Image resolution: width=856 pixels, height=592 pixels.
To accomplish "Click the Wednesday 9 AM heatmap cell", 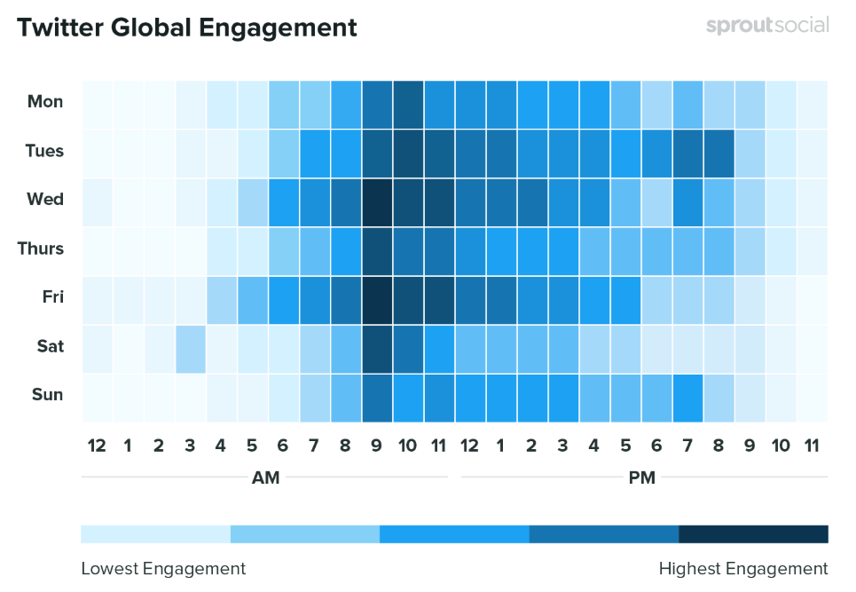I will click(x=377, y=200).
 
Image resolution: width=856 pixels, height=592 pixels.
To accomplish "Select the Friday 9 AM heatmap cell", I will click(x=377, y=297).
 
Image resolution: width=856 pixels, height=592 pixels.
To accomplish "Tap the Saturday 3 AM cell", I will click(x=191, y=346).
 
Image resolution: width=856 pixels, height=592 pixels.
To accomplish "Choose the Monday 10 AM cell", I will click(x=408, y=102).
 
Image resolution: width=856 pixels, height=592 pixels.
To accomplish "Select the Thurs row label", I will click(x=41, y=249).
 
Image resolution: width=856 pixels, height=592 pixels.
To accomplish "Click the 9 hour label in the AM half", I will click(x=377, y=446).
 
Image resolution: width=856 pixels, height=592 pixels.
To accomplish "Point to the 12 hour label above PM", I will click(x=470, y=446).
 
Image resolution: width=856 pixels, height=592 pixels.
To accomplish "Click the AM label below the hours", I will click(x=265, y=478).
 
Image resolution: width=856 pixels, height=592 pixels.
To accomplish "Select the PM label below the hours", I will click(x=641, y=478).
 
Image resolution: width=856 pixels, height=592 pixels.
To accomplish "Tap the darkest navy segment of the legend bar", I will click(x=753, y=533).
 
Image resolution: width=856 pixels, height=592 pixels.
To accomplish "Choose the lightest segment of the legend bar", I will click(x=155, y=533).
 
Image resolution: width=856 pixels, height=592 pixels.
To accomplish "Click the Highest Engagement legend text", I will click(x=742, y=569).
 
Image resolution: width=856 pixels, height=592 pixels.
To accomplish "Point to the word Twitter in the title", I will click(x=60, y=28).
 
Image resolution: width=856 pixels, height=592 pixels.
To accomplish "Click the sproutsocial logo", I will click(x=767, y=26).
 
